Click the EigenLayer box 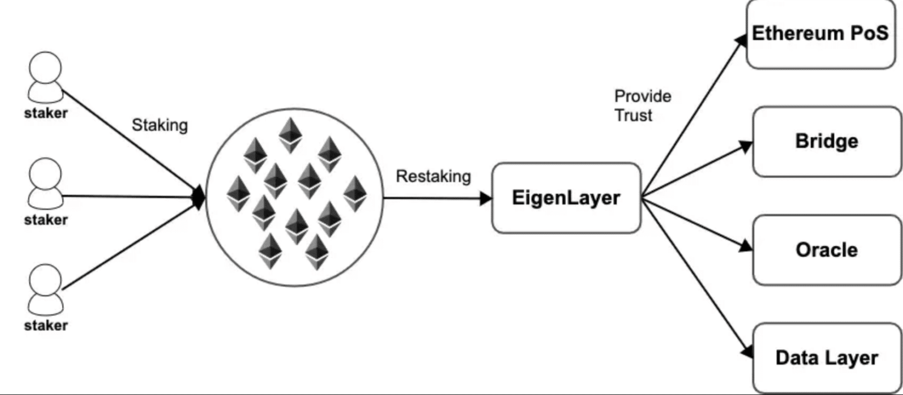tap(566, 198)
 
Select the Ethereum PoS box tap(821, 34)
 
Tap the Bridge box tap(827, 142)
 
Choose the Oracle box tap(827, 250)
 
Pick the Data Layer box tap(827, 358)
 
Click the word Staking tap(159, 125)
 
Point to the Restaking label tap(433, 176)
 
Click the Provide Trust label tap(643, 106)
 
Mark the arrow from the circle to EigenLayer tap(437, 198)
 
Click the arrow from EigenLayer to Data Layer tap(697, 277)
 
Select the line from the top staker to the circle tap(129, 141)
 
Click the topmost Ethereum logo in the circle tap(290, 135)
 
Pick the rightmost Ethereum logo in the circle tap(354, 193)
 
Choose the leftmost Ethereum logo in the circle tap(238, 193)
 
